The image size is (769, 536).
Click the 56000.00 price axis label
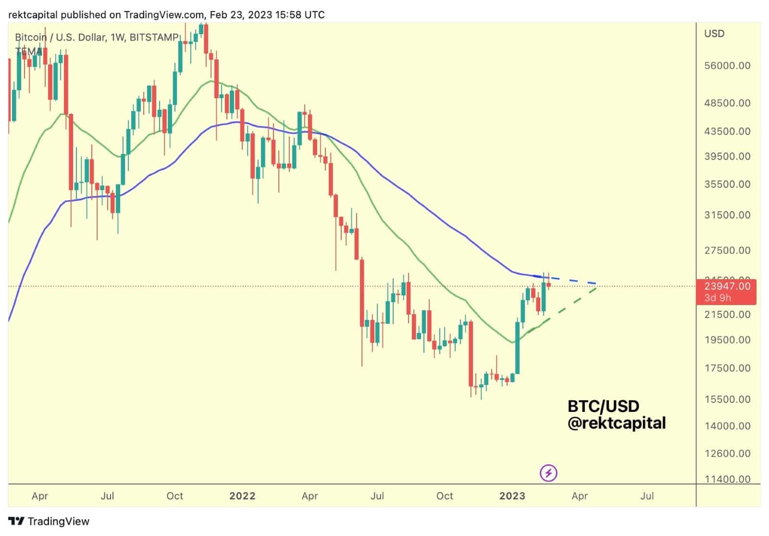pos(727,66)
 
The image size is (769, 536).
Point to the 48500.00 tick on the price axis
pos(727,103)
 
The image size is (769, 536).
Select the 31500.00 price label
pos(727,215)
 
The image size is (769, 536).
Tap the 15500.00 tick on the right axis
pos(727,399)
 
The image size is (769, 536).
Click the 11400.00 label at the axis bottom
pos(727,479)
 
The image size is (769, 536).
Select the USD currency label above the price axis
pos(714,34)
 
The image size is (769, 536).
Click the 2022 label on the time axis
pos(242,496)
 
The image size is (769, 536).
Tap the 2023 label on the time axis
pos(512,496)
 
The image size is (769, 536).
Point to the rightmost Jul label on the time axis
pos(647,496)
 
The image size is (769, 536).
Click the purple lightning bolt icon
pos(548,473)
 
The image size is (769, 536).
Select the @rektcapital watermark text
pos(616,423)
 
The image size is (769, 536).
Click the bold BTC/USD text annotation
pos(603,407)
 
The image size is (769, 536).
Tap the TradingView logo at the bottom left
pos(50,522)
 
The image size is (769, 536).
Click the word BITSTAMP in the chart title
pos(154,38)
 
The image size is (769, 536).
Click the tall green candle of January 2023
pos(518,347)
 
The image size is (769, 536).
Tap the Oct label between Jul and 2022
pos(174,496)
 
